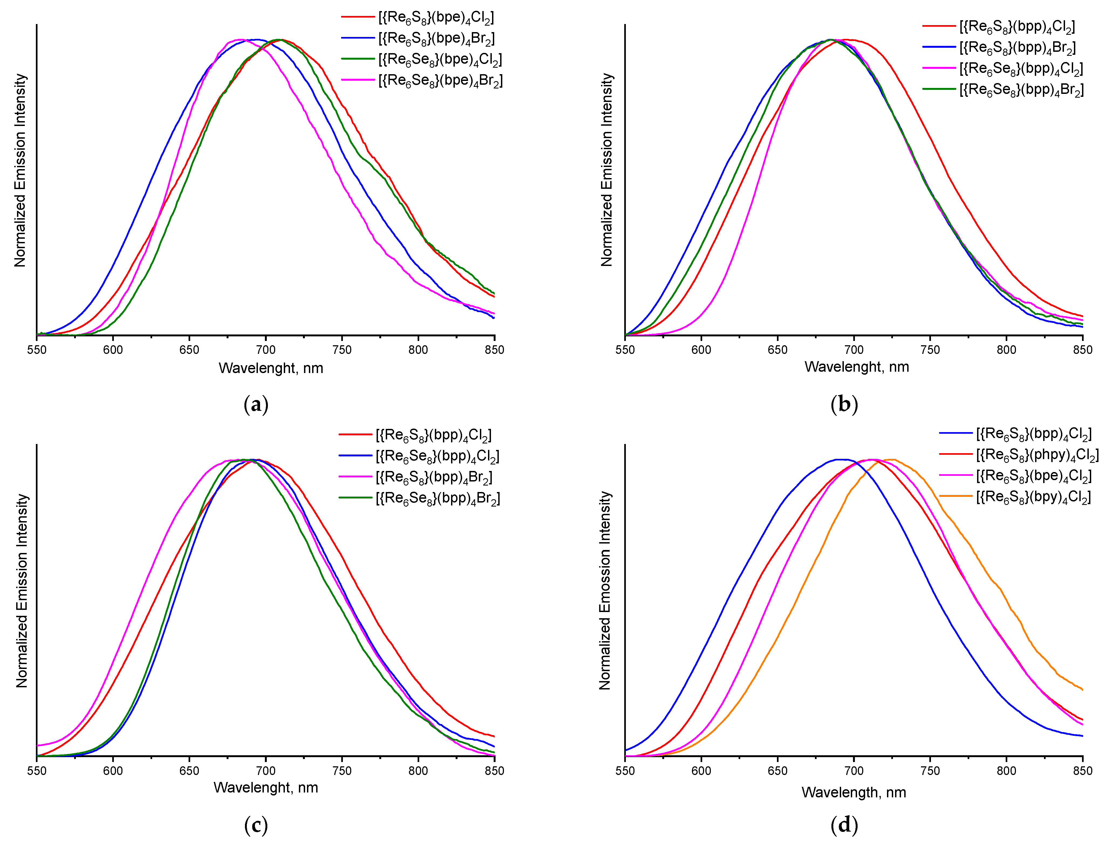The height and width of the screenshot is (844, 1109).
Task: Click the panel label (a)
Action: coord(256,404)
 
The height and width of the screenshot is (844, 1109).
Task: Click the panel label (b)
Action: coord(844,404)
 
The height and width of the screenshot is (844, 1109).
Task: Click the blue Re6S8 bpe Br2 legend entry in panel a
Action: coord(436,38)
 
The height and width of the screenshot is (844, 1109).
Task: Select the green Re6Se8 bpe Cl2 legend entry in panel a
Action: coord(440,59)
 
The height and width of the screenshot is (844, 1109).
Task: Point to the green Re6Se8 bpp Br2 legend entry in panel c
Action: coord(438,498)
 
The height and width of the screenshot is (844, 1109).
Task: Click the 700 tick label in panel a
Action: coord(265,350)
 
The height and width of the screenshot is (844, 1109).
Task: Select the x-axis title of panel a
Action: coord(271,368)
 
